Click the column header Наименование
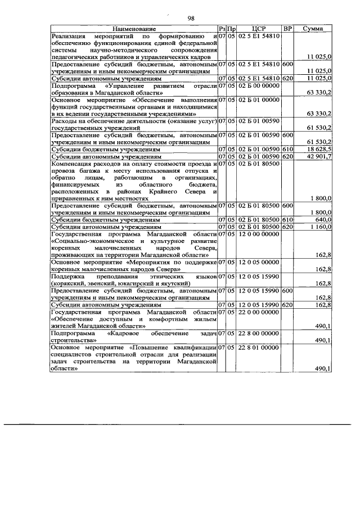click(133, 29)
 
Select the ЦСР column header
click(259, 29)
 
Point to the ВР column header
click(287, 29)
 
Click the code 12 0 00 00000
click(259, 233)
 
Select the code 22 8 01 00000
click(259, 348)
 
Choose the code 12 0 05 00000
click(259, 262)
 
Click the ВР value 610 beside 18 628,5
click(287, 149)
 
